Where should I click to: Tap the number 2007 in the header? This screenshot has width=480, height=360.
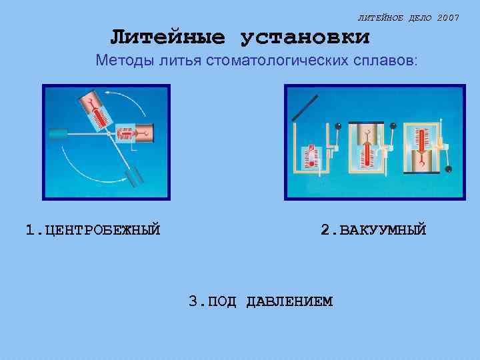[x=449, y=17]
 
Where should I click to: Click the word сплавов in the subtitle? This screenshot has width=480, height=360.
[x=387, y=61]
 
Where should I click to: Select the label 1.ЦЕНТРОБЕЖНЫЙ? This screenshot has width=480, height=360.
[x=93, y=231]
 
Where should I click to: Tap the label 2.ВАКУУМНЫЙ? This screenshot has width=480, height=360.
[x=373, y=231]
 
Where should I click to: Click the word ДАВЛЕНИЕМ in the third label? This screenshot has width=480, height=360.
[x=289, y=301]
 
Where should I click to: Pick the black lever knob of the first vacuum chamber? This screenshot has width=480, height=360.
[x=338, y=126]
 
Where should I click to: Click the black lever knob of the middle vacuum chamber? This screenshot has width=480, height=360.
[x=393, y=126]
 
